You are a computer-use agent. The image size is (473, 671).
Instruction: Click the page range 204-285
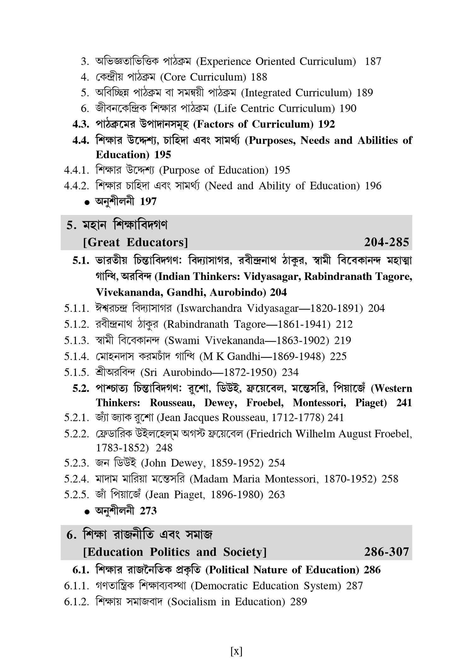tap(386, 242)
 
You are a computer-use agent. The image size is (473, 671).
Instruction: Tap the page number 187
tap(373, 61)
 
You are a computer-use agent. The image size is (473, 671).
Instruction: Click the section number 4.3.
tap(81, 124)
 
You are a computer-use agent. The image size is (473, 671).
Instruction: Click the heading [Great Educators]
tap(136, 242)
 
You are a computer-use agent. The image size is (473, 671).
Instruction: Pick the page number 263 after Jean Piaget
tap(277, 494)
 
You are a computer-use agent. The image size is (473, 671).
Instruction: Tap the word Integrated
tap(268, 93)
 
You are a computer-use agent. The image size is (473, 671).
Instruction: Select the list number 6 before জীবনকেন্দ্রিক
tap(85, 108)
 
